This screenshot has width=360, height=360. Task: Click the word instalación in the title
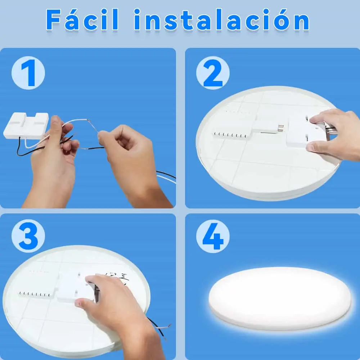[221, 19]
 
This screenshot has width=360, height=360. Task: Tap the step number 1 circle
[28, 73]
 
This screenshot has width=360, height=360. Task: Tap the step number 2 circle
[213, 73]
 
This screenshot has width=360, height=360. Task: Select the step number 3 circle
[28, 236]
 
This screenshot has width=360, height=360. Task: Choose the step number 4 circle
[213, 236]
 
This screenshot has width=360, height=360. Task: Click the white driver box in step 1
[26, 125]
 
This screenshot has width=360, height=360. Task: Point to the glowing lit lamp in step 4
[280, 298]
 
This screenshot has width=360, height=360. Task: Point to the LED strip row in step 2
[230, 135]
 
